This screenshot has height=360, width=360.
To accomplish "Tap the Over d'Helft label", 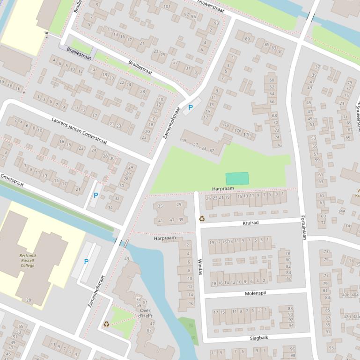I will (x=145, y=313).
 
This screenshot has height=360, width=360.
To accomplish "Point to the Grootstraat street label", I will (x=12, y=180).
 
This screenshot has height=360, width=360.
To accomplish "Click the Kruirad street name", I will (x=250, y=223).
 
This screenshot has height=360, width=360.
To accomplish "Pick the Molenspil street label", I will (x=255, y=293).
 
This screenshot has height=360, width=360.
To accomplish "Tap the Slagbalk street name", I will (x=259, y=337).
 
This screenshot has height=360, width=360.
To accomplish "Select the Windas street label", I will (x=200, y=266).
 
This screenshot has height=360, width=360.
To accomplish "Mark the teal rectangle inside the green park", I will (x=237, y=179).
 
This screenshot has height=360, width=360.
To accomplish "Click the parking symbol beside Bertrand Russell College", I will (x=86, y=262).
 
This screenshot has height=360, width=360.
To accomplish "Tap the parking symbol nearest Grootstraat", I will (x=96, y=195).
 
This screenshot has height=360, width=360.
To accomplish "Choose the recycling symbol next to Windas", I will (x=202, y=218).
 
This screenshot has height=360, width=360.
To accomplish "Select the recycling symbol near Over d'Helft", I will (x=106, y=324).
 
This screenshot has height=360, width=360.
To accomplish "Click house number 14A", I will (x=342, y=211).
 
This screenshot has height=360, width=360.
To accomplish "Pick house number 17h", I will (x=247, y=135).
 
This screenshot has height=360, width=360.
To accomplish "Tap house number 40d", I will (x=346, y=295).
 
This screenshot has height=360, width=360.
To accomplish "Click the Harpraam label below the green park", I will (x=222, y=188).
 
